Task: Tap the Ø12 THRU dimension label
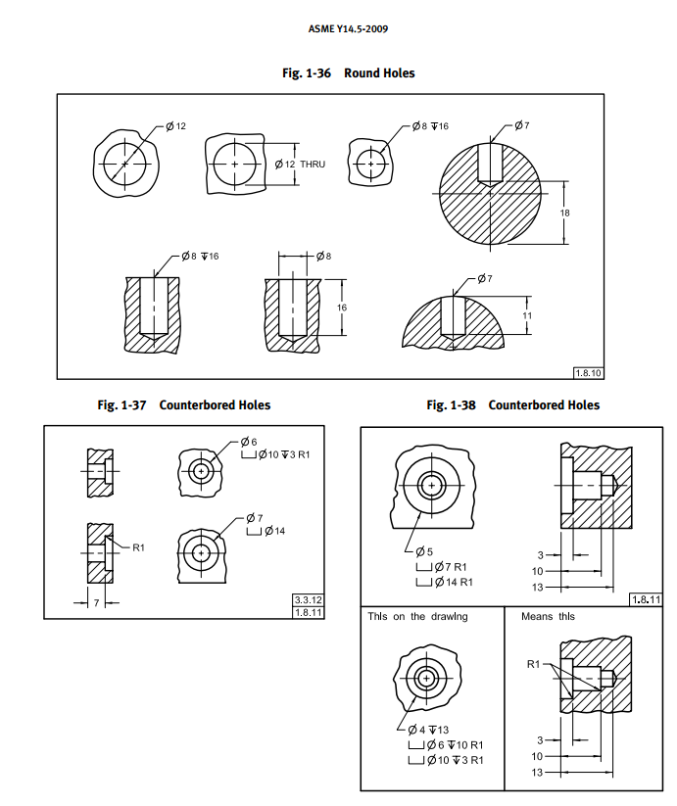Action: pos(299,164)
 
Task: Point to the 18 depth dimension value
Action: pos(565,213)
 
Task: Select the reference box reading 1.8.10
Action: pos(588,372)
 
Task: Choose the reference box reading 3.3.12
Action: pos(308,599)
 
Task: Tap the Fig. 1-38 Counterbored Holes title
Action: pos(512,404)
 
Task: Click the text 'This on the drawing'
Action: pos(417,616)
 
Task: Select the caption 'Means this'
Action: pos(548,616)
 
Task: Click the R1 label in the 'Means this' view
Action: pos(533,664)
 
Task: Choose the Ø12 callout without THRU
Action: pos(175,126)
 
